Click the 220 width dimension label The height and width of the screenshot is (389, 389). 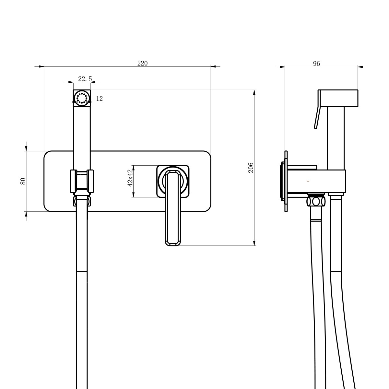(x=143, y=64)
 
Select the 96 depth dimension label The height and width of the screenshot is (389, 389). (x=316, y=64)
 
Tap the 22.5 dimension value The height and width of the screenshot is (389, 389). (x=85, y=79)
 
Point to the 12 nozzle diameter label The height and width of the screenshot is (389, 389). (x=99, y=99)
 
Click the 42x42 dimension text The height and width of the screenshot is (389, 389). (x=130, y=178)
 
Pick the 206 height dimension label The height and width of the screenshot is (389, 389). (x=251, y=168)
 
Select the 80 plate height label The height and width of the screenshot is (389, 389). (x=23, y=181)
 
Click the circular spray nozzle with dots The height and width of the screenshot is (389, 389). (x=82, y=98)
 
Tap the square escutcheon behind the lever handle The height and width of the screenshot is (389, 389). (x=173, y=181)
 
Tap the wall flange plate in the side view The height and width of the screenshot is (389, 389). (x=286, y=181)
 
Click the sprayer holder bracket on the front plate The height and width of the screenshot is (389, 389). (x=82, y=181)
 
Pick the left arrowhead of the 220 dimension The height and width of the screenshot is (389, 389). (x=41, y=66)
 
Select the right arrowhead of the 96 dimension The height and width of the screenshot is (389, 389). (x=360, y=67)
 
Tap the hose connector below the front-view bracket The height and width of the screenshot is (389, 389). (x=82, y=200)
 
